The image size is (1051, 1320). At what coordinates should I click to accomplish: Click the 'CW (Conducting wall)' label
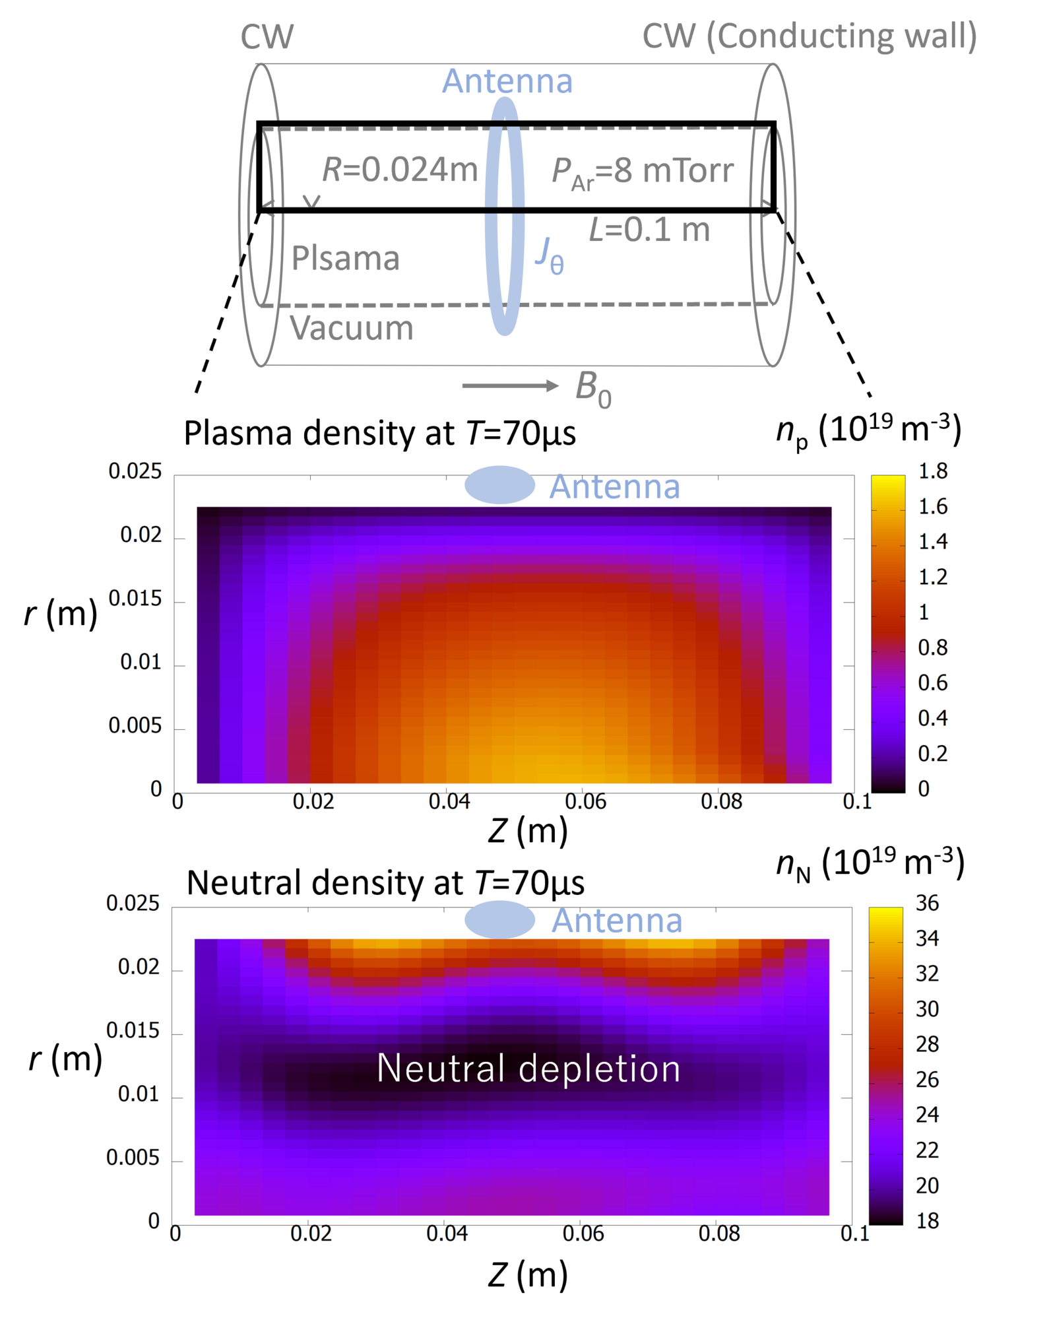click(809, 37)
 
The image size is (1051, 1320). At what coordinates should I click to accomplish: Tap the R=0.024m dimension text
click(399, 170)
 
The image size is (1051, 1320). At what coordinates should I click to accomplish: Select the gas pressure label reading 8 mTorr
click(643, 172)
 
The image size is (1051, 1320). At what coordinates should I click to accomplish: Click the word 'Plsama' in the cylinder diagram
click(345, 258)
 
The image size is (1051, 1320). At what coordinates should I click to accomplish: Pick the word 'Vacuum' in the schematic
click(351, 328)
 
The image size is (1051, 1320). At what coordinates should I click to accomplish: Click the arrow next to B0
click(510, 386)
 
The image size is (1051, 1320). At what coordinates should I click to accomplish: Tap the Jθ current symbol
click(549, 255)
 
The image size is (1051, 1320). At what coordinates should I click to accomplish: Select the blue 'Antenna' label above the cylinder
click(507, 82)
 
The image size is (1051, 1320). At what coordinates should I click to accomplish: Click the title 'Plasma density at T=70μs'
click(379, 434)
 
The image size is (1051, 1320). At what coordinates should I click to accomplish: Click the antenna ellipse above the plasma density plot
click(499, 485)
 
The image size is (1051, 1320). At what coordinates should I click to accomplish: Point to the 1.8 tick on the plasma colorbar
click(933, 471)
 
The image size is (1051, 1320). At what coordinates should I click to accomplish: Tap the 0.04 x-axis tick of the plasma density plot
click(449, 802)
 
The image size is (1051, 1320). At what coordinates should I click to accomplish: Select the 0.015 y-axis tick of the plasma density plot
click(135, 599)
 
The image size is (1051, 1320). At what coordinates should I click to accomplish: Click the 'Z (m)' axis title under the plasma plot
click(528, 830)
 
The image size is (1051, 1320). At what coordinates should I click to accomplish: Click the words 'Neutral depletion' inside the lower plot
click(528, 1068)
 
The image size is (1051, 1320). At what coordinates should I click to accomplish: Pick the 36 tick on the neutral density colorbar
click(927, 903)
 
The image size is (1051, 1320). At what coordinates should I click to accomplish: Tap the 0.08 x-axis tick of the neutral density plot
click(719, 1234)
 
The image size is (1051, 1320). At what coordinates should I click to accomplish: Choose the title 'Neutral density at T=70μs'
click(385, 883)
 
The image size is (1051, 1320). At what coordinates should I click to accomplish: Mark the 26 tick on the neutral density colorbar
click(927, 1080)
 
